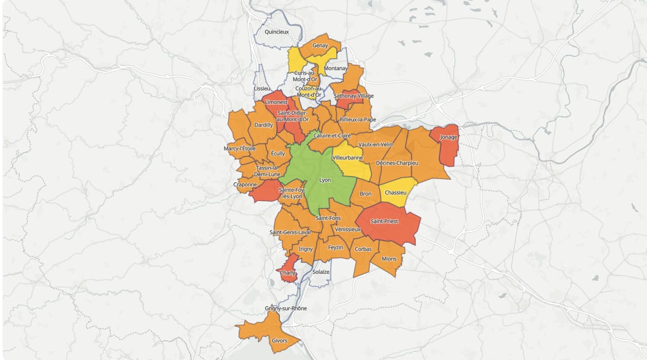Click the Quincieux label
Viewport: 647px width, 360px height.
click(x=277, y=32)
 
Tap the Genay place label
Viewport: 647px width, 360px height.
click(x=320, y=46)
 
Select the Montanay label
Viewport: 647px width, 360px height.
click(x=336, y=69)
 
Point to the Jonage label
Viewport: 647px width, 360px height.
click(x=448, y=137)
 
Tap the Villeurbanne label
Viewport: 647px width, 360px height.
click(x=347, y=158)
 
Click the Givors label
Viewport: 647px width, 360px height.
click(x=279, y=341)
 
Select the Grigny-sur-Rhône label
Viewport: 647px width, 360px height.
click(x=286, y=308)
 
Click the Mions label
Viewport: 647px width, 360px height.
click(x=389, y=259)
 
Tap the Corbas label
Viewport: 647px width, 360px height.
click(x=363, y=249)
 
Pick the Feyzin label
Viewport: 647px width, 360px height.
click(x=335, y=247)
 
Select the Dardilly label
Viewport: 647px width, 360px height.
click(x=264, y=125)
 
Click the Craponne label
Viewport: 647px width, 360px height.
click(x=245, y=185)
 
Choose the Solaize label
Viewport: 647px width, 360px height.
click(x=321, y=272)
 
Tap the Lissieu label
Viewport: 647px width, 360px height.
click(x=262, y=88)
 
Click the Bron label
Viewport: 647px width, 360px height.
click(x=366, y=194)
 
